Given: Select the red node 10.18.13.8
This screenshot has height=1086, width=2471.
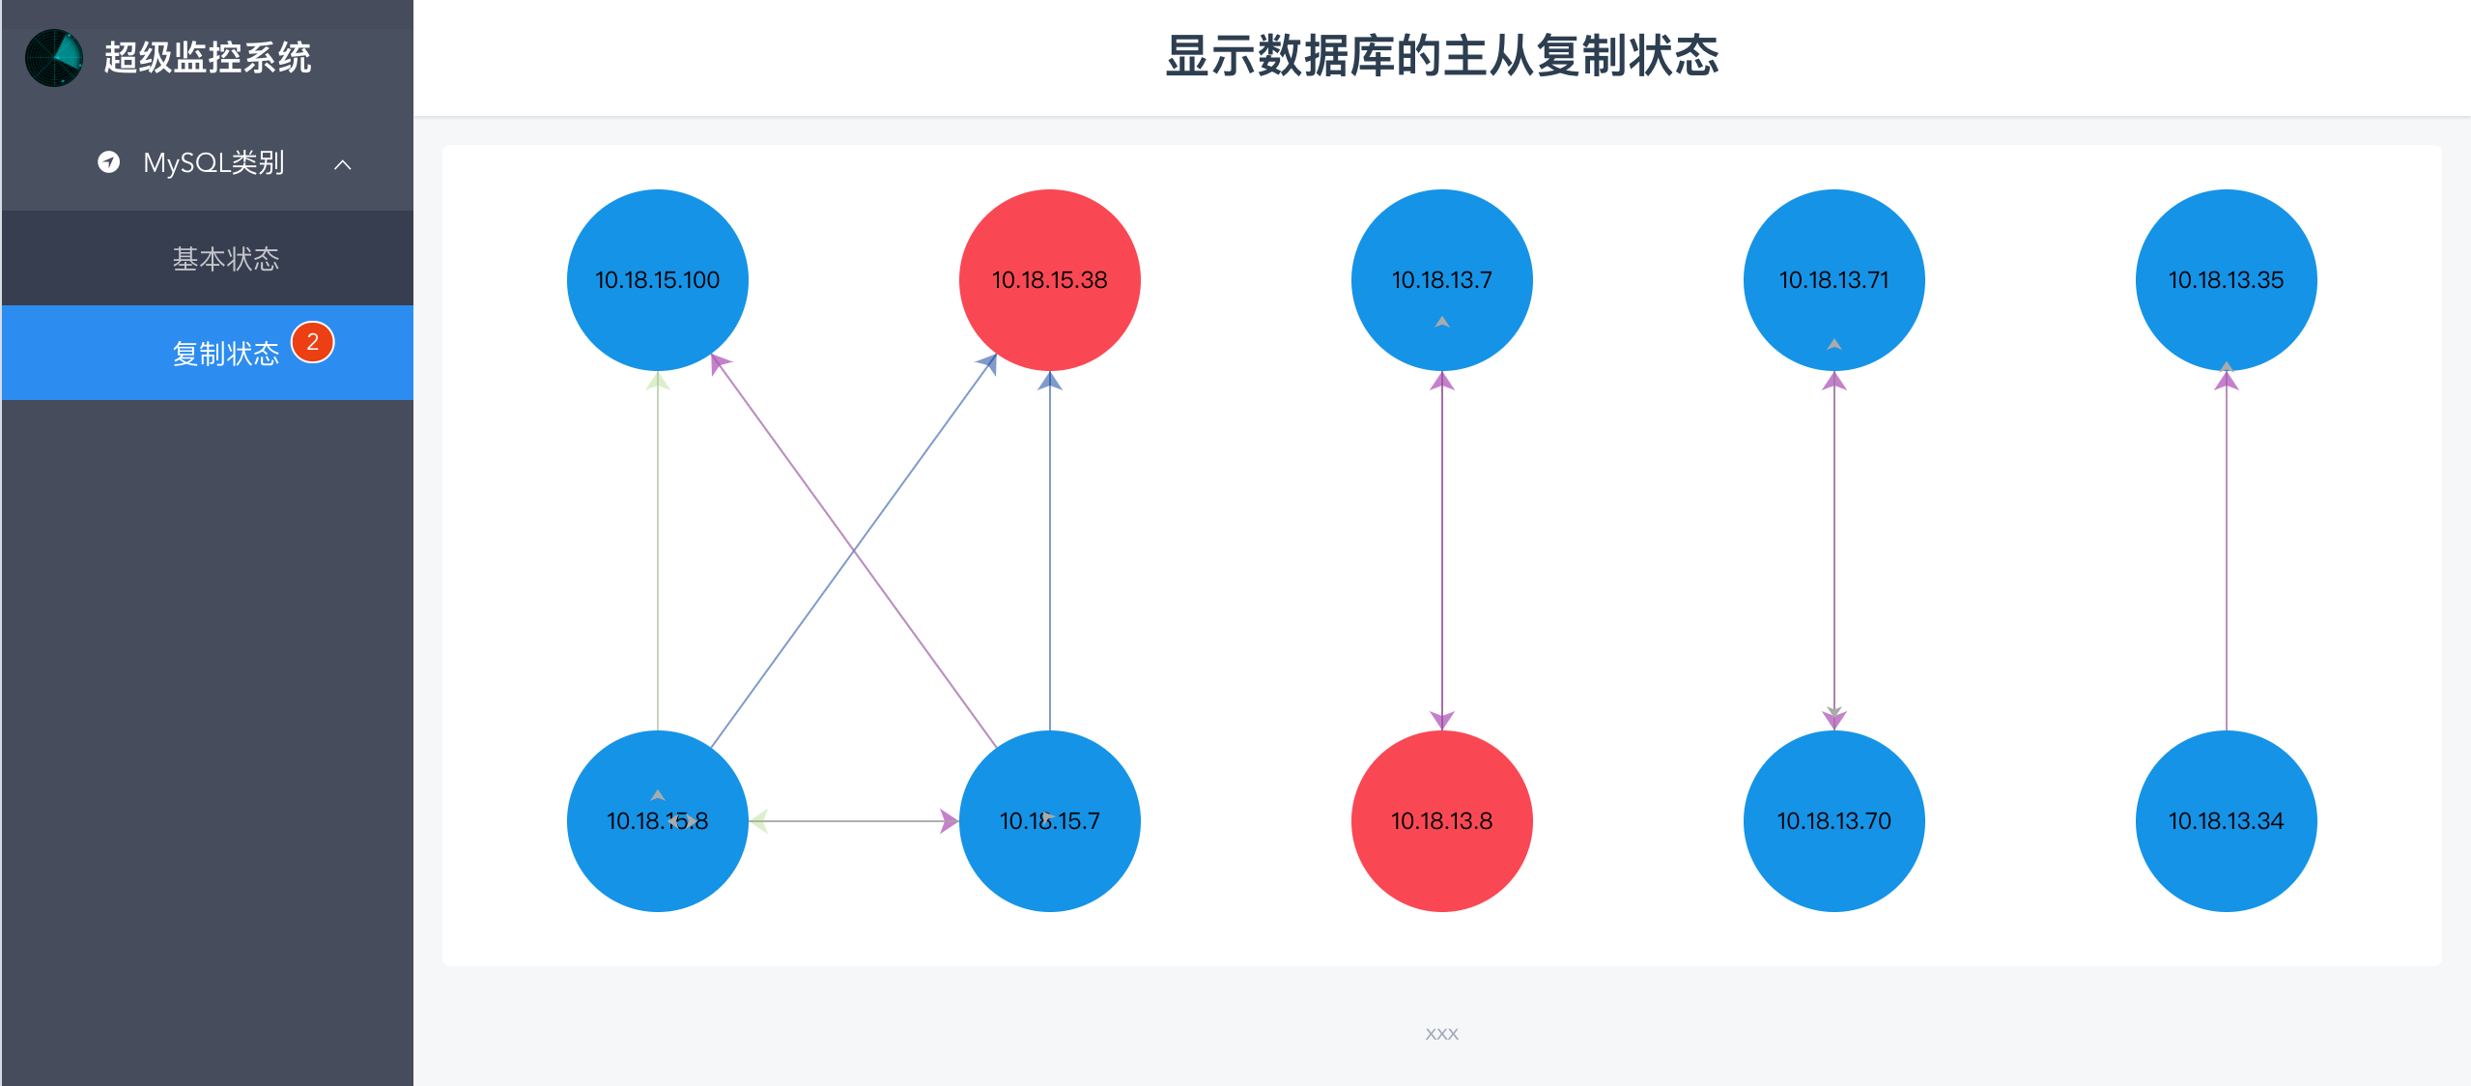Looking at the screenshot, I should coord(1441,821).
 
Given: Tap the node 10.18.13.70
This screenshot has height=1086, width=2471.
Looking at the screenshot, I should coord(1833,821).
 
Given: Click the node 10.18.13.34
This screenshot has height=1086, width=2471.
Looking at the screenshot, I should coord(2226,821).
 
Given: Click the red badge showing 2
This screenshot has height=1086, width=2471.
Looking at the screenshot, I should coord(312,342).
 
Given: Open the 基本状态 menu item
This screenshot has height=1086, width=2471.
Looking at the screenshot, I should coord(226,259).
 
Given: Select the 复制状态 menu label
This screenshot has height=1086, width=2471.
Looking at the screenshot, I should coord(226,354).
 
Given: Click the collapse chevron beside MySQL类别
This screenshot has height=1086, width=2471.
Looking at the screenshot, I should coord(343,164).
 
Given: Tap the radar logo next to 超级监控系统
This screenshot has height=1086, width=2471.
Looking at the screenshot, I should coord(54,58).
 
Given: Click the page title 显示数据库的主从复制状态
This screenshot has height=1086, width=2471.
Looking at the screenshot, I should coord(1441,56).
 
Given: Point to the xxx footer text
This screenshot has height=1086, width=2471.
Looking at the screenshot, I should coord(1441,1034).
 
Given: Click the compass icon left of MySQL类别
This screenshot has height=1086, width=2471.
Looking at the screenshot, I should coord(109,162).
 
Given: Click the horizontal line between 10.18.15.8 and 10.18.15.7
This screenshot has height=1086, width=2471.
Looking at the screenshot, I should coord(854,821).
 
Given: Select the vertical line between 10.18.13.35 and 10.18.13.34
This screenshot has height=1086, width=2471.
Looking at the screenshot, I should coord(2226,551).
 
